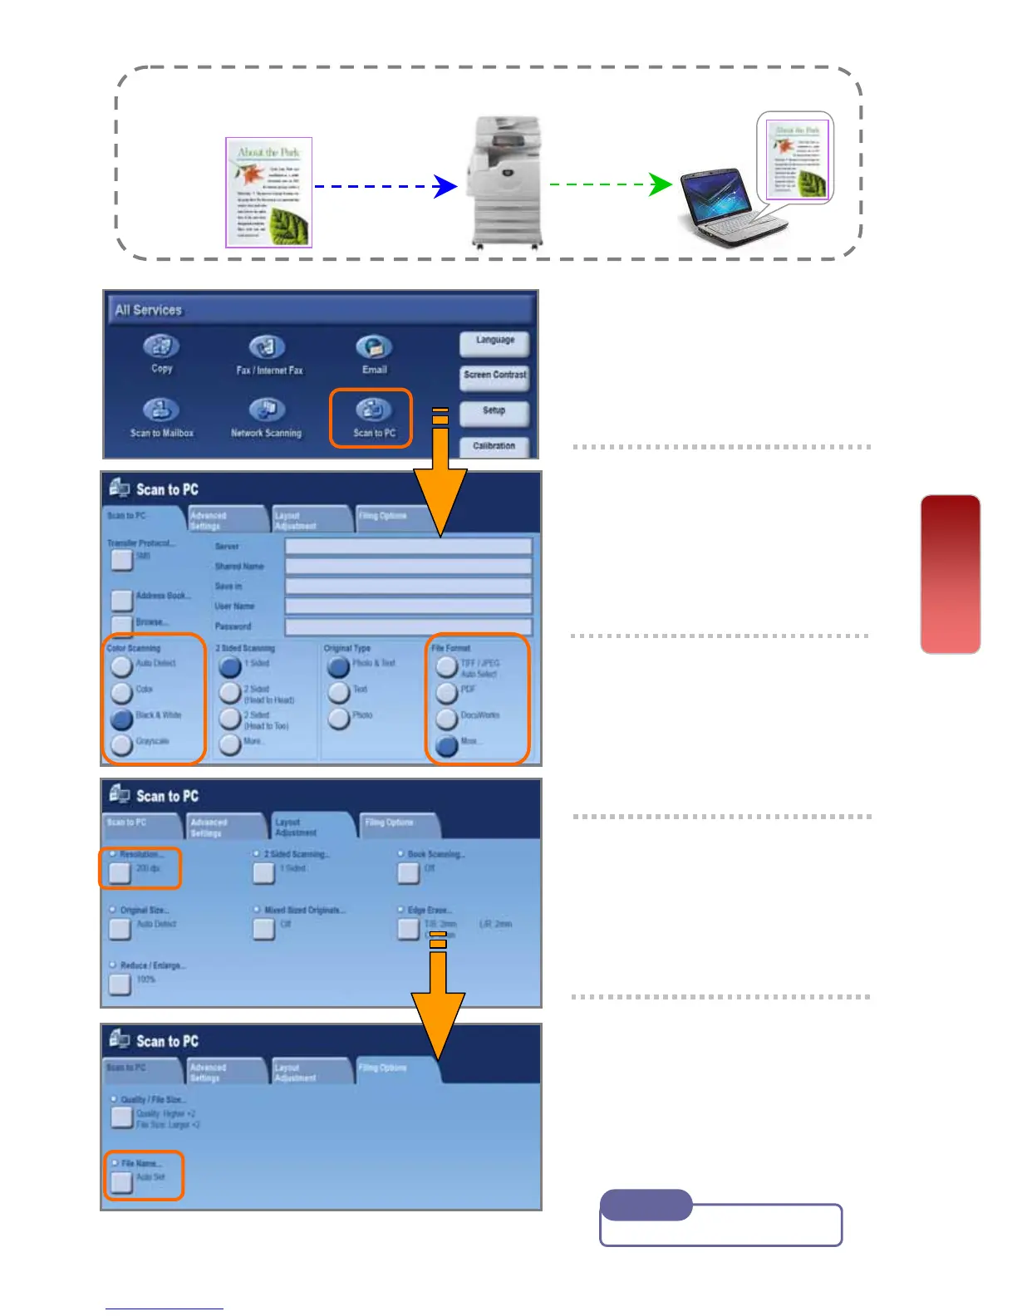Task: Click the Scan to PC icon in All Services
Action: [373, 410]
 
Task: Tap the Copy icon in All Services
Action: [161, 347]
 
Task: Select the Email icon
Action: [374, 347]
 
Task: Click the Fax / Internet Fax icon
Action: [268, 347]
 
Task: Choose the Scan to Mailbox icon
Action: [161, 410]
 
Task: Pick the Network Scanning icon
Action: [268, 410]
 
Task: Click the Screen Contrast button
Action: [494, 376]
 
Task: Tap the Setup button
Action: [494, 411]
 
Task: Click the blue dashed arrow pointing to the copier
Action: [386, 186]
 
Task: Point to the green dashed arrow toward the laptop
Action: [611, 184]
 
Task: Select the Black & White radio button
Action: [122, 718]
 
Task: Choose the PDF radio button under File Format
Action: [447, 692]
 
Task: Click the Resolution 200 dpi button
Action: [120, 872]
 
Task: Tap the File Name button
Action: [122, 1181]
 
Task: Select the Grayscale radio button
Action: [122, 744]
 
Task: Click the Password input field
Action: [408, 626]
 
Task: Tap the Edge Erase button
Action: [408, 928]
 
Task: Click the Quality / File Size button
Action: [122, 1117]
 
